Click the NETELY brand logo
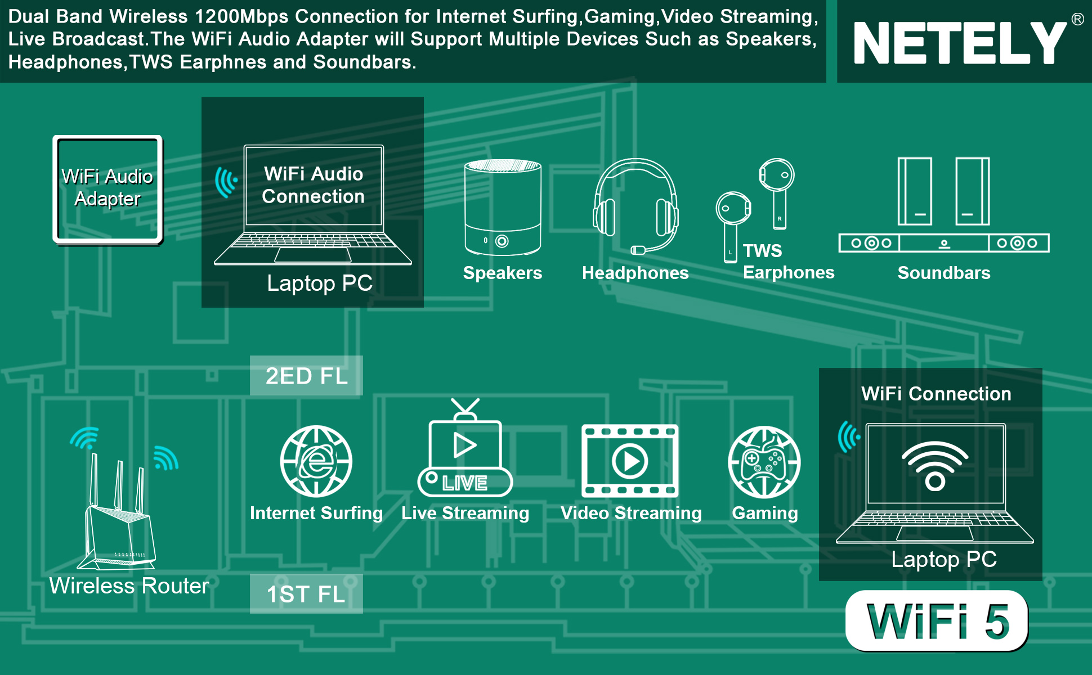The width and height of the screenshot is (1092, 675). [x=960, y=43]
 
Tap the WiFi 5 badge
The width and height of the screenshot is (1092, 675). [x=937, y=621]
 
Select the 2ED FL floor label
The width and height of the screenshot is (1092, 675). [x=306, y=376]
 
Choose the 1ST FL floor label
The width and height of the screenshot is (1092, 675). [x=306, y=594]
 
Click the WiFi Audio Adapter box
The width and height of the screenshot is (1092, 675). [x=108, y=190]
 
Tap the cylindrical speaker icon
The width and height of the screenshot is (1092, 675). [x=503, y=208]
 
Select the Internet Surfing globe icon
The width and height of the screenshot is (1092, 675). [x=316, y=461]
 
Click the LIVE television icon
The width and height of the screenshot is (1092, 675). [x=465, y=448]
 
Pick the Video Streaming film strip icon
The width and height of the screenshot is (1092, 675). [x=630, y=461]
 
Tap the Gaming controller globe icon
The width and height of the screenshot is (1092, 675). [x=764, y=462]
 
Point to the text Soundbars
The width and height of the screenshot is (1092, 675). [x=944, y=273]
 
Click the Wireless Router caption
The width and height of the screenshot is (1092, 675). [x=129, y=586]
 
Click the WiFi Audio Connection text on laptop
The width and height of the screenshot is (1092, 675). [x=314, y=185]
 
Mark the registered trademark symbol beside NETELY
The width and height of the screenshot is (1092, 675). [x=1077, y=19]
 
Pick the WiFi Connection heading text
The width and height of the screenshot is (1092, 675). [x=936, y=394]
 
